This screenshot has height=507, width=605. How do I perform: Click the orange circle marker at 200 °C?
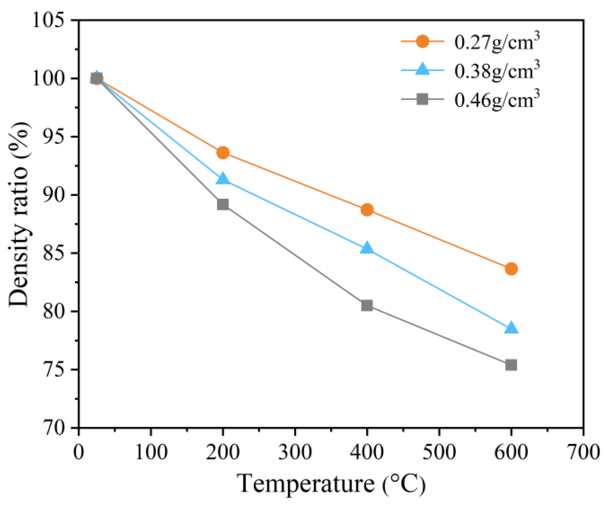223,153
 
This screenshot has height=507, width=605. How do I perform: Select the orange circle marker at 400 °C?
367,210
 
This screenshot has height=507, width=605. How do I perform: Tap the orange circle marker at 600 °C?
511,269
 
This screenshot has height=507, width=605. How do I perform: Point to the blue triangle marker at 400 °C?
367,249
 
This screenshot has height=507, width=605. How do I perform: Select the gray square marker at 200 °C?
223,205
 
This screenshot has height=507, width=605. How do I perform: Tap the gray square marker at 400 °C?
367,306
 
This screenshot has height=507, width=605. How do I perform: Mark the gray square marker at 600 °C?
511,365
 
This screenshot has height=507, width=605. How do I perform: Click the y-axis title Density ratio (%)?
19,215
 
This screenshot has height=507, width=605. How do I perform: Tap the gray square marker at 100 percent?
97,79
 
